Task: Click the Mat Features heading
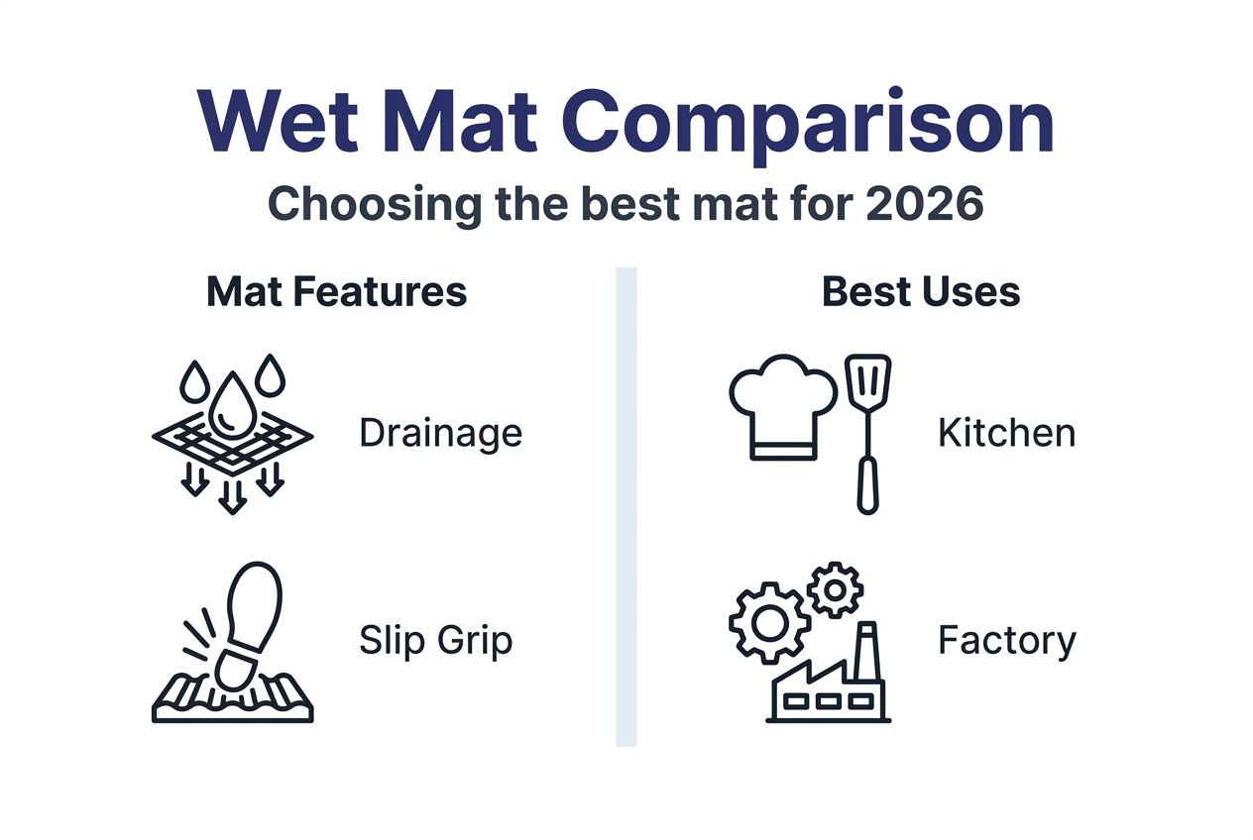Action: click(336, 292)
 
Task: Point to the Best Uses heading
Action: click(921, 292)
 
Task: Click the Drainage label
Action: click(440, 433)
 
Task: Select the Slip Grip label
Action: click(436, 641)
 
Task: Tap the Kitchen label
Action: click(1006, 433)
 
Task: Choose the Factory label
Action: click(1006, 641)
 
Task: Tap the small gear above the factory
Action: click(835, 590)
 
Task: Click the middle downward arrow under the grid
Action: click(232, 495)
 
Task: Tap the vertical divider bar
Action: click(626, 506)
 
